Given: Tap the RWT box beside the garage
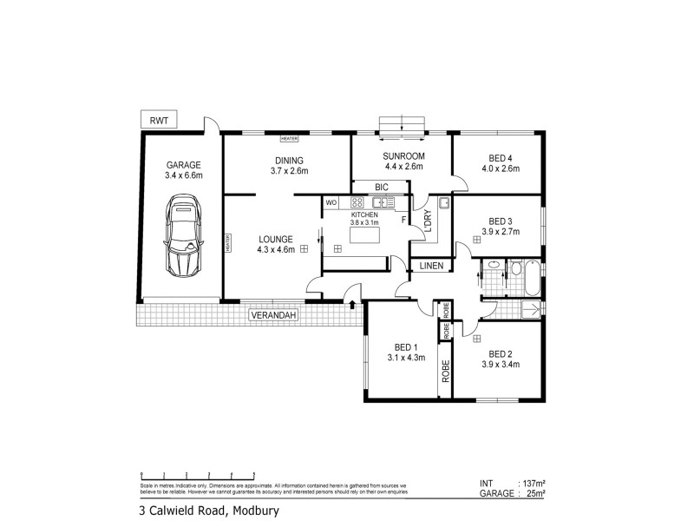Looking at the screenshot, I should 159,121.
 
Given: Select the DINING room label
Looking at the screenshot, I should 289,161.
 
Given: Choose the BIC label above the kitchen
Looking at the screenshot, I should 381,187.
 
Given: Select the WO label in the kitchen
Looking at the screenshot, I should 331,202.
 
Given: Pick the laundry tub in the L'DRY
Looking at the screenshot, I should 444,204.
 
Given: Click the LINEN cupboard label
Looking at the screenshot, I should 432,265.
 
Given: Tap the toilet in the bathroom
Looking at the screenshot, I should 493,265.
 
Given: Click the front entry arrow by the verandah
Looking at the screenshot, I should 351,304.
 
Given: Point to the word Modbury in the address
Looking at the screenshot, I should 259,511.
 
